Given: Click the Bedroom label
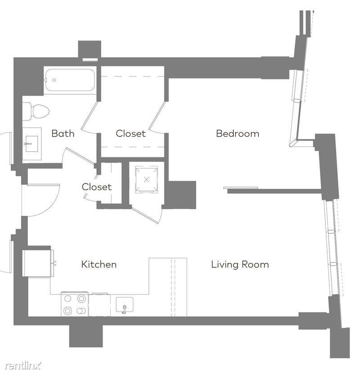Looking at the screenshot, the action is click(238, 134).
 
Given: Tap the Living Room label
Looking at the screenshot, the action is click(240, 264).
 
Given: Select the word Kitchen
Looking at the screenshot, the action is click(99, 264).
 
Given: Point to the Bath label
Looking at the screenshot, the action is click(63, 134).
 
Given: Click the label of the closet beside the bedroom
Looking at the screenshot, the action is click(130, 134).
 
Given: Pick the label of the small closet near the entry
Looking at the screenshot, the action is click(97, 187).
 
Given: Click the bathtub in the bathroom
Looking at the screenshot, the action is click(70, 80).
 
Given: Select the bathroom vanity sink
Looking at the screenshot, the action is click(32, 144).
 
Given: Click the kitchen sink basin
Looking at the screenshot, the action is click(124, 305).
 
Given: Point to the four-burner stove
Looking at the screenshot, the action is click(75, 304).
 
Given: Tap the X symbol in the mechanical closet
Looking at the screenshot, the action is click(147, 180).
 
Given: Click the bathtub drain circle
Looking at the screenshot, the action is click(54, 80).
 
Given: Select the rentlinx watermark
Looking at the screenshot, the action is click(23, 365).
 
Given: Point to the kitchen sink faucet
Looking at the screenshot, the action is click(124, 309).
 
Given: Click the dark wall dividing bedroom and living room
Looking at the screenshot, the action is click(274, 191).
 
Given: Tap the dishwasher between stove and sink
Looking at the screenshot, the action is click(99, 305).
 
